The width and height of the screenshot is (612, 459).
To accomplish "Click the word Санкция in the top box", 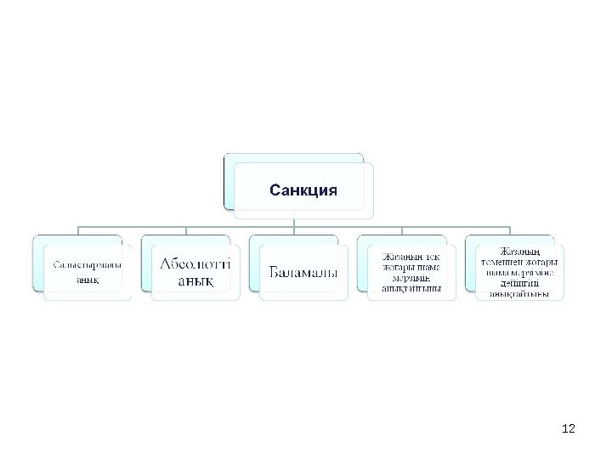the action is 303,189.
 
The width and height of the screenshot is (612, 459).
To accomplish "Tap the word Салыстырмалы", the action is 87,265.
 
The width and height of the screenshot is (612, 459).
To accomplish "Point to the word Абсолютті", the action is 195,265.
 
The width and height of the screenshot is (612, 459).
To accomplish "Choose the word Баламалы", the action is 303,272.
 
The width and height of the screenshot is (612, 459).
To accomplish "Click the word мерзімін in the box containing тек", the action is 411,277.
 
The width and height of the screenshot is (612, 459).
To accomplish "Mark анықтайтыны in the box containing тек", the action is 411,287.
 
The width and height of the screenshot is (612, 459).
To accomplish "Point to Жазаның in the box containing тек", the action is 399,257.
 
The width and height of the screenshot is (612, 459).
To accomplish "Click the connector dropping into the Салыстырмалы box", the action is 79,232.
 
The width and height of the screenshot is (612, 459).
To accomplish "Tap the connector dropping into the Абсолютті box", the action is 187,232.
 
